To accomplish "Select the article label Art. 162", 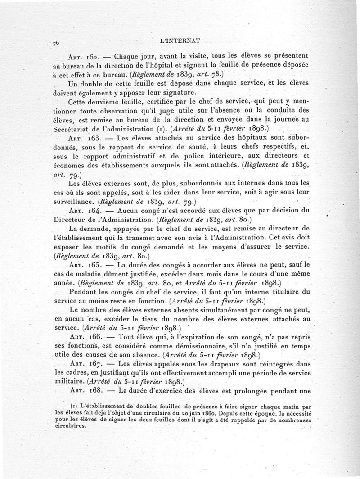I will pos(83,58).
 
